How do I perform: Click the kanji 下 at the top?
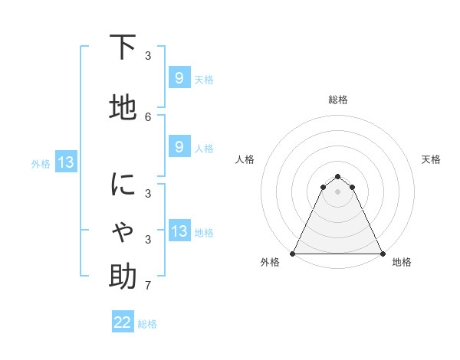click(x=123, y=47)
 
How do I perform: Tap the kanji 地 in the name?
click(x=123, y=108)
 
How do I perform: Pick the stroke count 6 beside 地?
click(x=148, y=116)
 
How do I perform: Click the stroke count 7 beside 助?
click(x=148, y=286)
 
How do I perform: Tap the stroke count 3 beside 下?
click(x=148, y=56)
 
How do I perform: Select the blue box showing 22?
click(x=123, y=322)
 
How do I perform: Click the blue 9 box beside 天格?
click(x=179, y=77)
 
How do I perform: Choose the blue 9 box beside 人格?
click(x=179, y=147)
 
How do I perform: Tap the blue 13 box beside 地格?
click(x=179, y=231)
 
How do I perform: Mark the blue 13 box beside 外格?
click(x=65, y=162)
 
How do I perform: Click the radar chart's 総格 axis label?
click(x=338, y=100)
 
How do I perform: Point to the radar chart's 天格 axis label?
click(x=432, y=159)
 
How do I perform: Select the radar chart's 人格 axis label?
click(x=245, y=159)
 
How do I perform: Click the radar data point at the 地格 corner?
click(x=382, y=253)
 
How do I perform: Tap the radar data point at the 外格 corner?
click(x=293, y=253)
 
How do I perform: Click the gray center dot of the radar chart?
click(x=338, y=191)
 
